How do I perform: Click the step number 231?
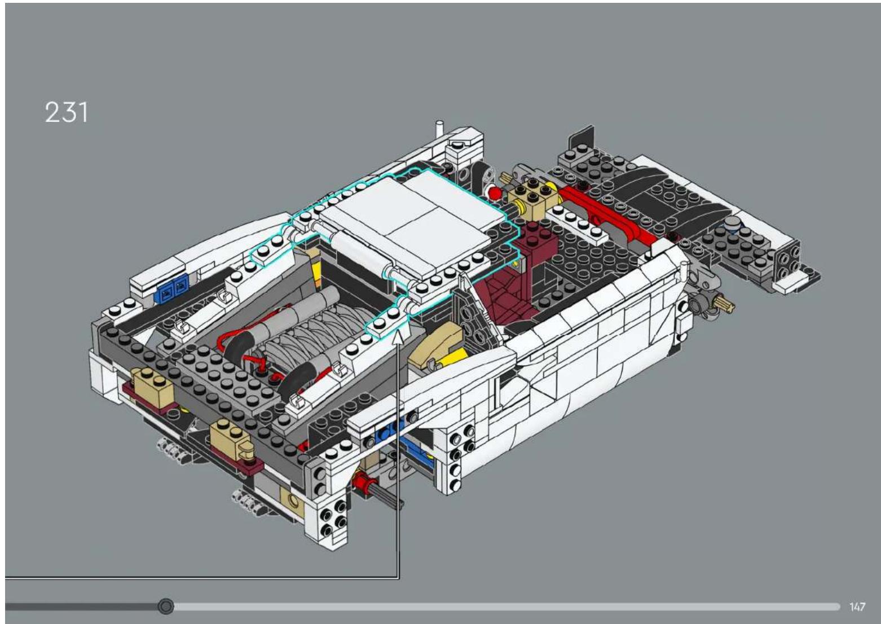point(66,112)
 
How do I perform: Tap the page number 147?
point(857,607)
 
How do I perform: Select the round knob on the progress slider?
point(166,607)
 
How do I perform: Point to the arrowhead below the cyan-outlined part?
point(399,335)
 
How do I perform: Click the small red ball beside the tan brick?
point(495,194)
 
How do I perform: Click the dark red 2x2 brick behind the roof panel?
point(535,240)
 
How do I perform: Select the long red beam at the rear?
point(606,217)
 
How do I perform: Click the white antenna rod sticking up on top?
point(439,130)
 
